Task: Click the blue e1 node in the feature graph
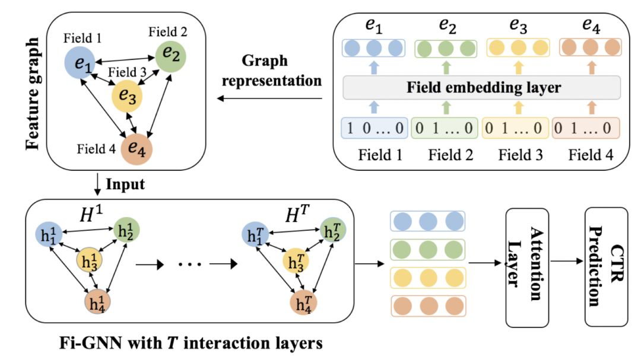pos(80,62)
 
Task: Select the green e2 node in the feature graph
pos(170,57)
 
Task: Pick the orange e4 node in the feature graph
pos(137,149)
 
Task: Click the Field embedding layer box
pos(481,87)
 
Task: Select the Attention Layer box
pos(527,267)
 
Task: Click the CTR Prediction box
pos(606,267)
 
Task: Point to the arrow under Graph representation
pos(269,98)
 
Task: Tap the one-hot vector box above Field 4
pos(586,128)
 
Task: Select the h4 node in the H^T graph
pos(303,304)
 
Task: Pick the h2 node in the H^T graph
pos(333,231)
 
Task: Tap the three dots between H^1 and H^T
pos(190,265)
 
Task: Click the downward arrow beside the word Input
pos(97,184)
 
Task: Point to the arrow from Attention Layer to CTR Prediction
pos(567,261)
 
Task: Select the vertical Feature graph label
pos(32,94)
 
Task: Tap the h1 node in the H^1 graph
pos(49,234)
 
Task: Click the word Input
pos(125,184)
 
